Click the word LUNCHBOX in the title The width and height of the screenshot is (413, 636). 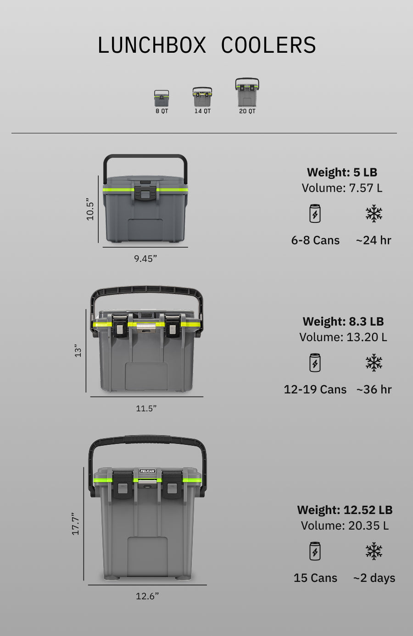click(152, 45)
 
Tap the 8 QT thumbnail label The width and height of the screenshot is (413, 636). click(162, 111)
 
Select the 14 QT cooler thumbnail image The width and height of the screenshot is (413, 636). click(202, 97)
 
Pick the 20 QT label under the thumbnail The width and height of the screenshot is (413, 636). click(247, 111)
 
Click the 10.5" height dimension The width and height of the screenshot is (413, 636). click(90, 209)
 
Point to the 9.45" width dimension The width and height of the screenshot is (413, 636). click(145, 258)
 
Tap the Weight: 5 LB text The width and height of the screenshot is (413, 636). click(342, 172)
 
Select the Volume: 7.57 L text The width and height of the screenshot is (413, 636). click(342, 188)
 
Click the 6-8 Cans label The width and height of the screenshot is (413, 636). click(315, 240)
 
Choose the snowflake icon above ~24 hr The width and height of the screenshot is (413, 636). click(374, 213)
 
